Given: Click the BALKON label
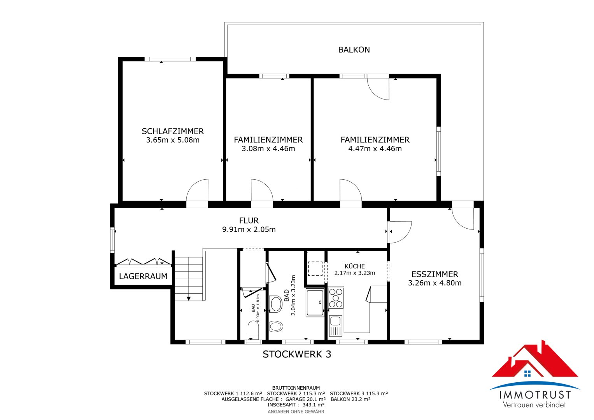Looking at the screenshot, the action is tap(354, 50).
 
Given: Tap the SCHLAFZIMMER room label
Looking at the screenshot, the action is tap(173, 131).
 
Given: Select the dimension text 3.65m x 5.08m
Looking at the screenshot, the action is tap(173, 140).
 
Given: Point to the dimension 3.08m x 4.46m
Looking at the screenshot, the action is tap(268, 149).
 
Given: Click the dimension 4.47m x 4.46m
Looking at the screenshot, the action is tap(375, 149).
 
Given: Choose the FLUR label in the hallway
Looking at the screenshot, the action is tap(249, 220).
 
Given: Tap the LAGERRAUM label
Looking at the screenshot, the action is tap(143, 276).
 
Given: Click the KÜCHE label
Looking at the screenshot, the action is tap(354, 266).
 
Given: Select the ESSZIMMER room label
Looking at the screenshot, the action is tap(435, 274).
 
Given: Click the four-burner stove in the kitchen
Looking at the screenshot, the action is tap(336, 298).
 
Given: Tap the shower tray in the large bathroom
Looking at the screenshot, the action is tap(315, 303).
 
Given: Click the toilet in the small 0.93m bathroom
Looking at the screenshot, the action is tap(253, 330).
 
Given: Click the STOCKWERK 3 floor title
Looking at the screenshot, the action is tap(297, 354).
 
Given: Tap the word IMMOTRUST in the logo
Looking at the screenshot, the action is tap(535, 395).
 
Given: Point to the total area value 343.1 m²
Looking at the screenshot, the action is tap(314, 405).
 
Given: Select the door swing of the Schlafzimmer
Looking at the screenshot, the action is tap(197, 190).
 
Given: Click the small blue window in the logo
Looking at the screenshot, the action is tap(527, 374).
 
